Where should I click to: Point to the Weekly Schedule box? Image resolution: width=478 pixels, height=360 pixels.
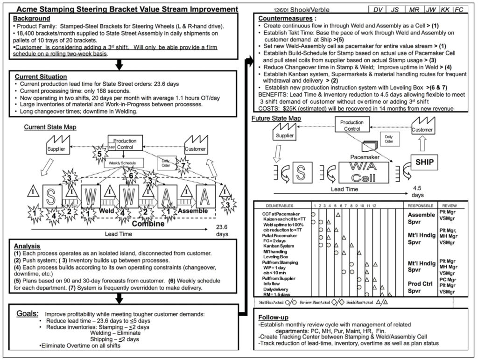tap(123, 162)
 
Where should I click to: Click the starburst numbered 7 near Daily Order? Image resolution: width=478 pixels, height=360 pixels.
tap(183, 166)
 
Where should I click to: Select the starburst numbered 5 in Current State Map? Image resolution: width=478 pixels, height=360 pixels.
tap(98, 153)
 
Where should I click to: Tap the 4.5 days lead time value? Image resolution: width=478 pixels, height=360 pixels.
tap(418, 191)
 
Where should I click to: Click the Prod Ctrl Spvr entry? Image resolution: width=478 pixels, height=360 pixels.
tap(421, 287)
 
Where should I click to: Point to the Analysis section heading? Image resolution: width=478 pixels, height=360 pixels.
tap(27, 246)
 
